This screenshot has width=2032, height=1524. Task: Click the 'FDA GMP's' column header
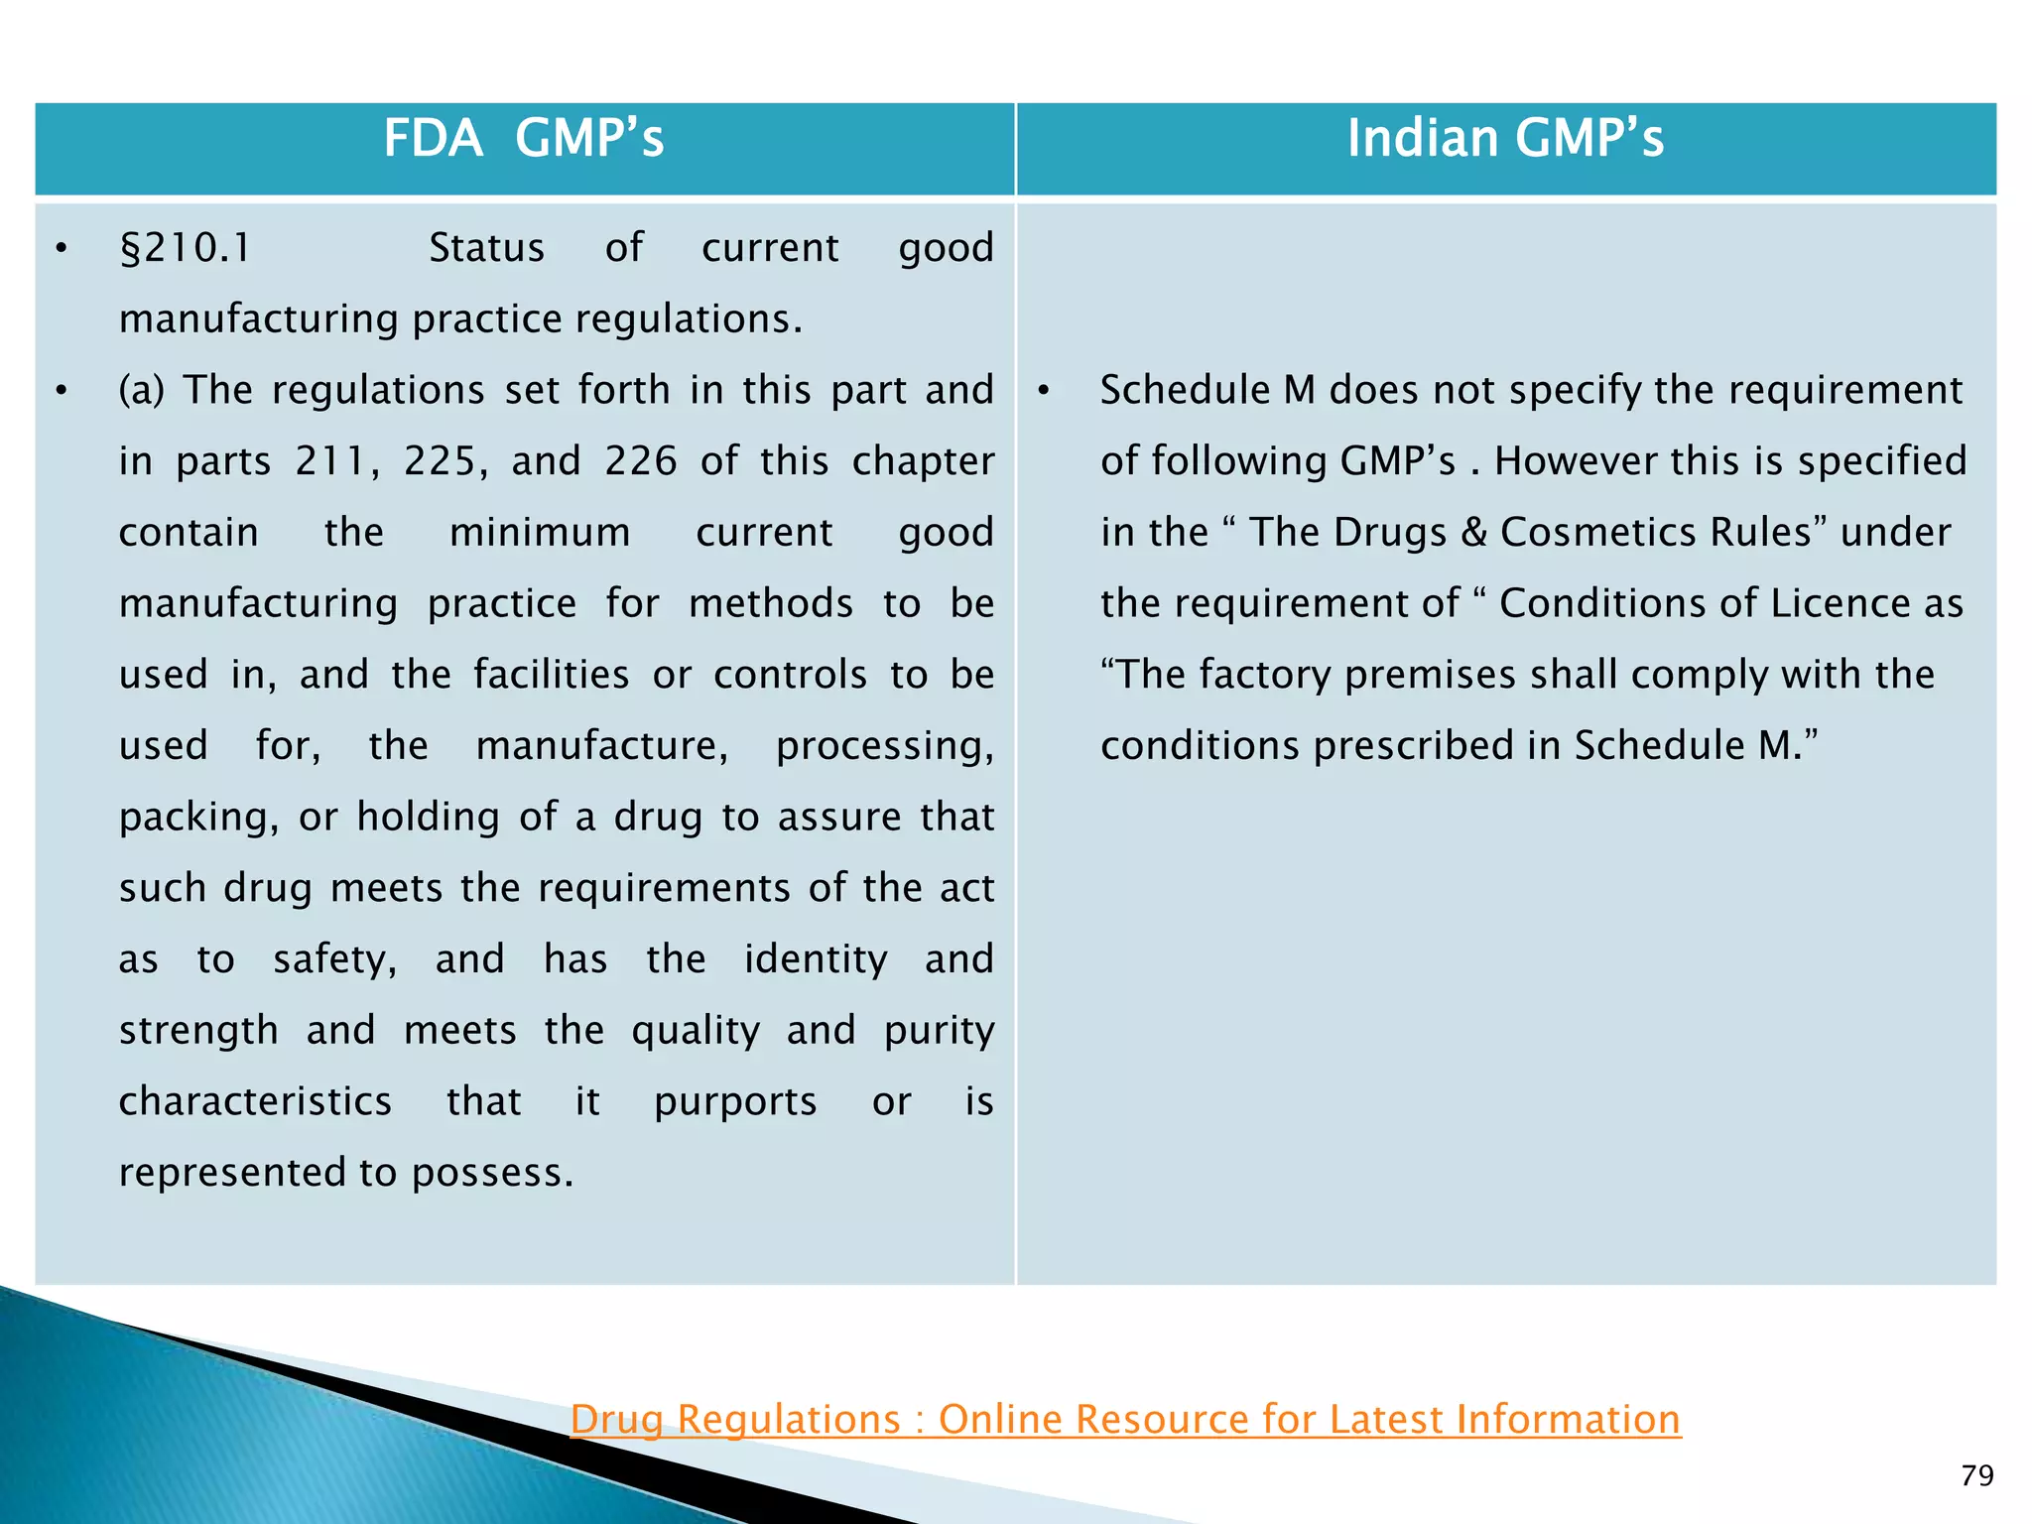(x=523, y=138)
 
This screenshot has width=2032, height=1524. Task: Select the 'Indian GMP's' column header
(x=1504, y=138)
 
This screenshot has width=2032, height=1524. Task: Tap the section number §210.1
(x=186, y=248)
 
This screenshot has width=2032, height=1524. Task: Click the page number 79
(x=1976, y=1476)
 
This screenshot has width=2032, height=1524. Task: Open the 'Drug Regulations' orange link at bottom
(x=1125, y=1419)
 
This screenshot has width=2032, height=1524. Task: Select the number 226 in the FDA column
(x=641, y=461)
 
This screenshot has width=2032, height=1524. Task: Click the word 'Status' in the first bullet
(x=486, y=248)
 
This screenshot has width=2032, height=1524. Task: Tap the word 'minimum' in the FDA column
(x=540, y=533)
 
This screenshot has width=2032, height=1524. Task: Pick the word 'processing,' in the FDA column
(x=884, y=746)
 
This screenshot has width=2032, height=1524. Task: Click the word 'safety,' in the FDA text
(x=334, y=959)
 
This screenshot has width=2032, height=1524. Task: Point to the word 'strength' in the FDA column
(x=198, y=1031)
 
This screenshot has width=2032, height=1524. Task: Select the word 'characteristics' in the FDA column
(x=255, y=1102)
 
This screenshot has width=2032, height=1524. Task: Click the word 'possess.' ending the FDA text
(x=493, y=1174)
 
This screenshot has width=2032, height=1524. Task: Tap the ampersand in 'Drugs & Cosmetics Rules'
(x=1473, y=533)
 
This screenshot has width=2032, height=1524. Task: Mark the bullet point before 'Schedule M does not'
(x=1044, y=391)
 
